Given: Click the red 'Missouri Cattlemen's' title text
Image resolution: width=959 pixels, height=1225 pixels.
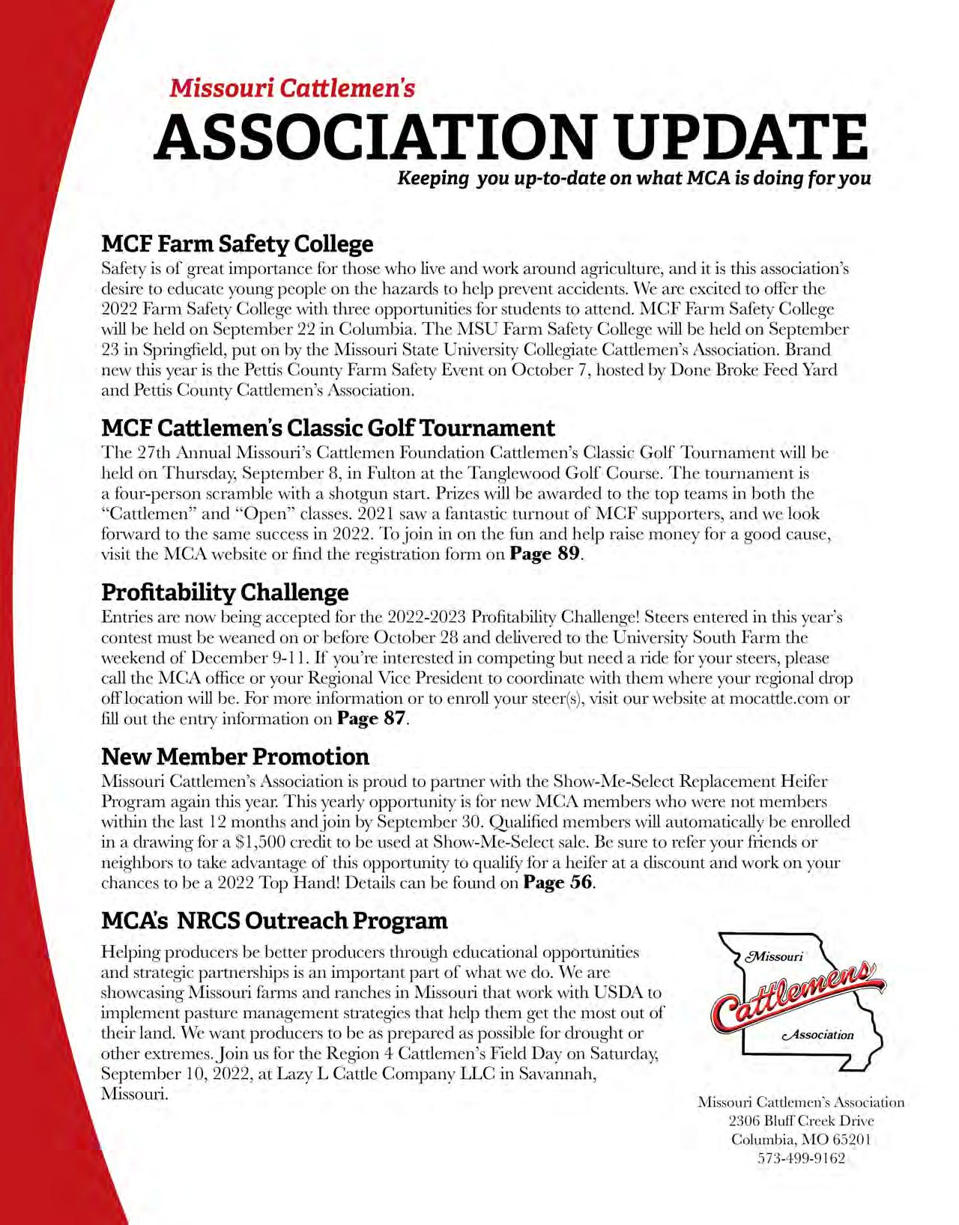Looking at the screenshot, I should click(x=292, y=88).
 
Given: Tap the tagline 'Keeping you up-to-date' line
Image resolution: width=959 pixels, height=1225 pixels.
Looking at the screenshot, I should click(x=634, y=178).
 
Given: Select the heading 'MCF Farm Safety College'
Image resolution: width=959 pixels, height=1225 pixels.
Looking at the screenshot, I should click(x=237, y=244).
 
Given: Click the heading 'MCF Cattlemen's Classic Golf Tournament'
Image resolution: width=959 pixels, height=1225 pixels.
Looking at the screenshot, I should click(x=328, y=428).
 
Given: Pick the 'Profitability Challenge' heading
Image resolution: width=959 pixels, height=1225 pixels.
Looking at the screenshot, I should click(x=225, y=592).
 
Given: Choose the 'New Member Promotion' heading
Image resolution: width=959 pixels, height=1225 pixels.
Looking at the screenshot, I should click(x=235, y=756).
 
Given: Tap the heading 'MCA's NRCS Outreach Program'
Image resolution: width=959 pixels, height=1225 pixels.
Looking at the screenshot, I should click(x=274, y=920).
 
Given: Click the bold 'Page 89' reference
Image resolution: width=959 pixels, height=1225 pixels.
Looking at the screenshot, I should click(x=545, y=554).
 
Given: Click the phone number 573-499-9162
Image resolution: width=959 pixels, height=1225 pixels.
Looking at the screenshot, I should click(x=802, y=1158).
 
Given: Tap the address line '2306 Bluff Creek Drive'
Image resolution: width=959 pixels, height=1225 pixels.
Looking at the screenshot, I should click(x=801, y=1121).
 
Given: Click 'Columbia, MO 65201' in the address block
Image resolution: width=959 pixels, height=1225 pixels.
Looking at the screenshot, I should click(x=801, y=1140).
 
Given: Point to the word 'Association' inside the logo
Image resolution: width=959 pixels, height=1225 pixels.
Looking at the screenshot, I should click(x=817, y=1035).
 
